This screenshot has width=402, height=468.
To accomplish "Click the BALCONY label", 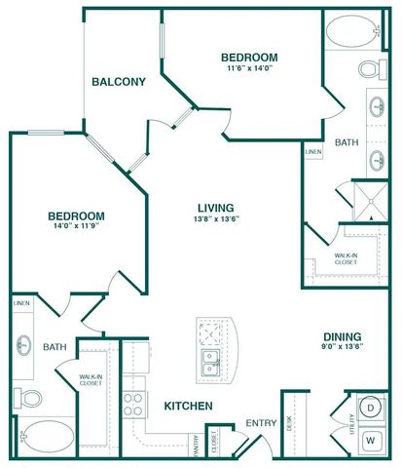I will [x=118, y=82].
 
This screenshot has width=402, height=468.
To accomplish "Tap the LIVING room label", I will [x=214, y=207].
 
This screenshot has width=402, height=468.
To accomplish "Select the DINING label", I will [x=343, y=340].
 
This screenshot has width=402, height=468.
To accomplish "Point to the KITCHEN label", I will [x=188, y=406].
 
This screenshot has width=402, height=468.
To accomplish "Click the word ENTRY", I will [x=261, y=422].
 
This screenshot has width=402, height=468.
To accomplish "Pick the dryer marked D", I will [x=370, y=407].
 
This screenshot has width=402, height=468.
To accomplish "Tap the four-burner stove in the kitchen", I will [x=133, y=404].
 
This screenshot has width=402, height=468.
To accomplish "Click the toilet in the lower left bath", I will [x=30, y=398].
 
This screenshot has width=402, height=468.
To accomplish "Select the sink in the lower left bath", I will [x=22, y=345].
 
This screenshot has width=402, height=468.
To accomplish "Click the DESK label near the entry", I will [x=289, y=423].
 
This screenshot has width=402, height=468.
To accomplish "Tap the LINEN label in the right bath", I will [x=311, y=153].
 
